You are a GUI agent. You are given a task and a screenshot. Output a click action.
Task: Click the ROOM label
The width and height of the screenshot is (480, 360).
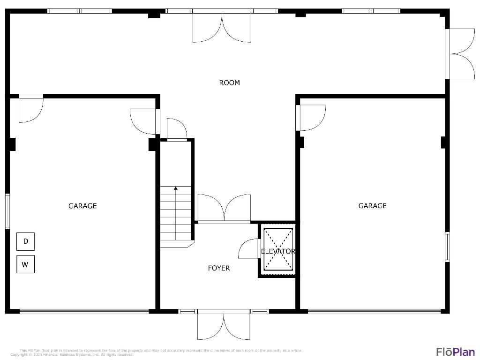[x=229, y=83]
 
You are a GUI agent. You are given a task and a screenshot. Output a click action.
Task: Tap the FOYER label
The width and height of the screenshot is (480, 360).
[x=219, y=268]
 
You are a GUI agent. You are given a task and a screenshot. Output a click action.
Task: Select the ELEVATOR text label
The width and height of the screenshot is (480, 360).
[x=278, y=251]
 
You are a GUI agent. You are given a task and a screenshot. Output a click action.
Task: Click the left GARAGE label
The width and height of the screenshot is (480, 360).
[x=82, y=206]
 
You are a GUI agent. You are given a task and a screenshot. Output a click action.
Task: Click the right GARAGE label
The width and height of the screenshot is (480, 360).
[x=372, y=206]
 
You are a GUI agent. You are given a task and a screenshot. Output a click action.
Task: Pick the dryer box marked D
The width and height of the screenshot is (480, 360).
[x=26, y=241]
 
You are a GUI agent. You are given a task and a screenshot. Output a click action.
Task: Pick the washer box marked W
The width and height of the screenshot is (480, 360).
[x=26, y=264]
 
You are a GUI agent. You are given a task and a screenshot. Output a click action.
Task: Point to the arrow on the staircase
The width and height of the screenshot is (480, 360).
[x=176, y=188]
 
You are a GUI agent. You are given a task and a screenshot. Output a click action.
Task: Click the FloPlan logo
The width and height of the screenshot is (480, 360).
[x=455, y=352]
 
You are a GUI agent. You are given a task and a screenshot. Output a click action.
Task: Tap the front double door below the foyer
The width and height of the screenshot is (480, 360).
[x=224, y=324]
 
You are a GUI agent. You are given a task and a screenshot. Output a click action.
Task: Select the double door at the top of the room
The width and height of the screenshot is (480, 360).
[x=222, y=27]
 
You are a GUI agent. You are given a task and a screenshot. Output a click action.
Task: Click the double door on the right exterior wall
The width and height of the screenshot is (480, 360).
[x=461, y=54]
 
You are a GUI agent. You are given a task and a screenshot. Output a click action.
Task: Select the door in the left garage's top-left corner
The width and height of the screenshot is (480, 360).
[x=30, y=109]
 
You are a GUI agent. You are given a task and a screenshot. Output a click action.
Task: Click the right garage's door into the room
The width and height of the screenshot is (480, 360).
[x=310, y=117]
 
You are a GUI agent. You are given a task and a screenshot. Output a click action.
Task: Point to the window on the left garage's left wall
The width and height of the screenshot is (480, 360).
[x=7, y=211]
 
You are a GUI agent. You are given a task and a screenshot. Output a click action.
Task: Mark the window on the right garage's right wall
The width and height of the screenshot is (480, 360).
[x=447, y=246]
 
